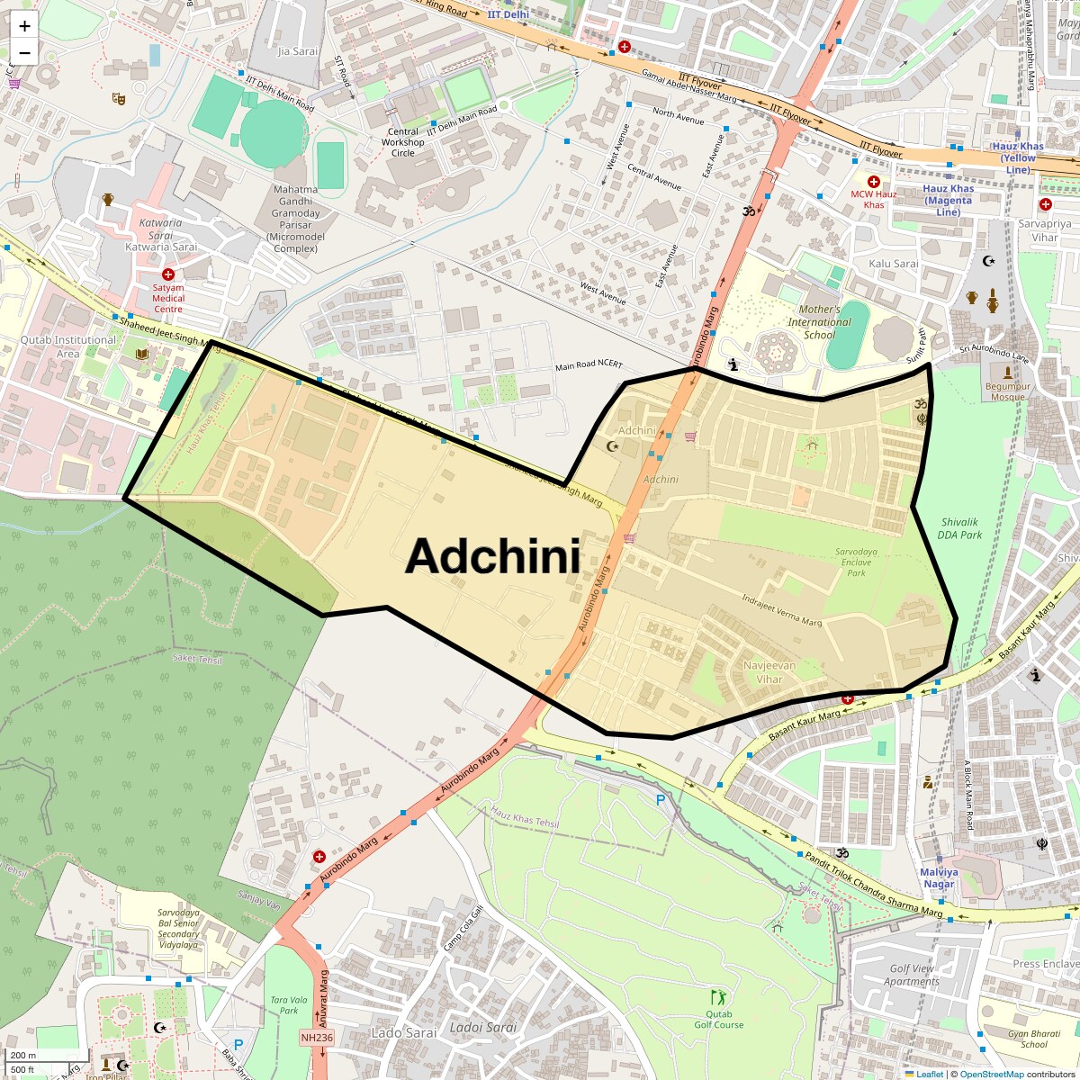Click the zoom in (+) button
coord(24,26)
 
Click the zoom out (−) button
coord(24,52)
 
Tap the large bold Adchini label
coord(492,556)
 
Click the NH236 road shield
coord(317,1037)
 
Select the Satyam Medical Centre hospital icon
coord(167,274)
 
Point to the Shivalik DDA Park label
coord(960,528)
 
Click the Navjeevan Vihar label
coord(769,672)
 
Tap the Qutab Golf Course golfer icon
coord(718,997)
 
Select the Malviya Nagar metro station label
coord(939,877)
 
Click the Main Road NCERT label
coord(588,367)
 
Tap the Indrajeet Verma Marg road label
coord(781,610)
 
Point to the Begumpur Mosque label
coord(1006,391)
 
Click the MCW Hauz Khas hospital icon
coord(873,181)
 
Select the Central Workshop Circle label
coord(402,142)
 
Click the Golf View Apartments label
coord(911,975)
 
